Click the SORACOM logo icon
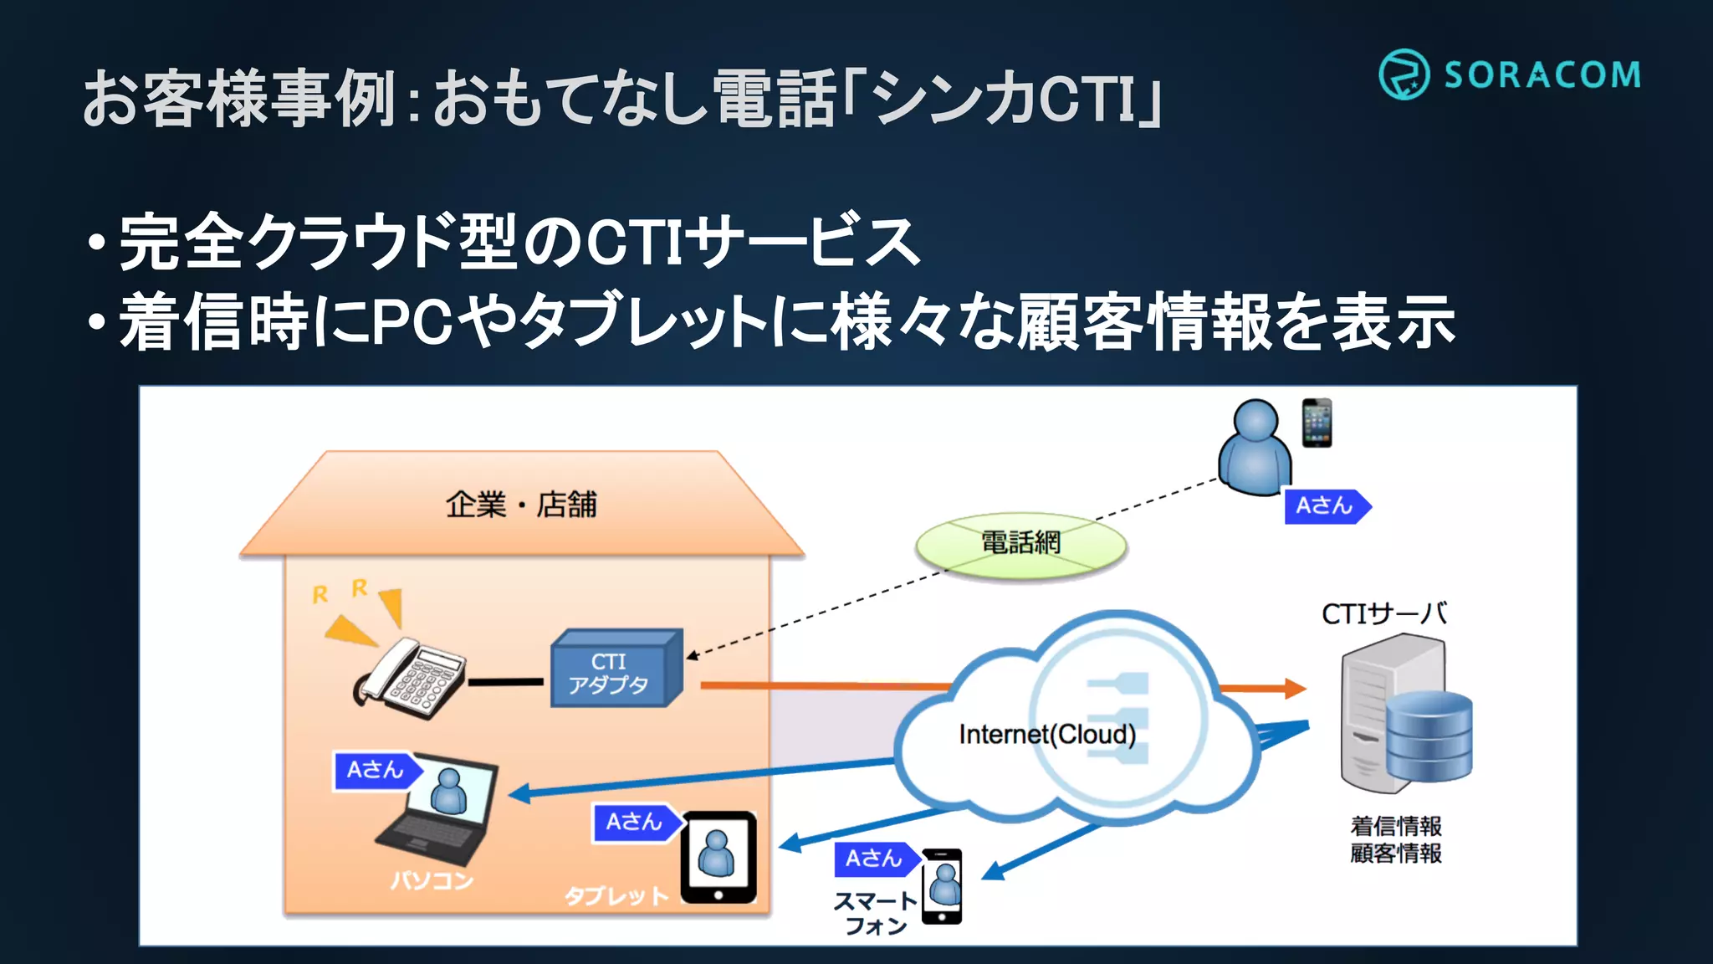(x=1404, y=74)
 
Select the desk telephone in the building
(x=412, y=678)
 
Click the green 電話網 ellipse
(x=1020, y=544)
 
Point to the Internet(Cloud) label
(x=1047, y=735)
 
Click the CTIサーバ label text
(x=1384, y=613)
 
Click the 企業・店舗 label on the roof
(x=521, y=505)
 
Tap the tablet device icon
(x=718, y=857)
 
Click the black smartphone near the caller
(x=1317, y=423)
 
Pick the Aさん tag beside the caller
(x=1326, y=506)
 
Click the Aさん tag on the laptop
(x=375, y=770)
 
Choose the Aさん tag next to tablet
(x=634, y=823)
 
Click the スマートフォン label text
(x=875, y=913)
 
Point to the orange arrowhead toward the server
(x=1294, y=688)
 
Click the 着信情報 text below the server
(x=1395, y=827)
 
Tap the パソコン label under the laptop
(x=432, y=880)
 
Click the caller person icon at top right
(x=1255, y=449)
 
